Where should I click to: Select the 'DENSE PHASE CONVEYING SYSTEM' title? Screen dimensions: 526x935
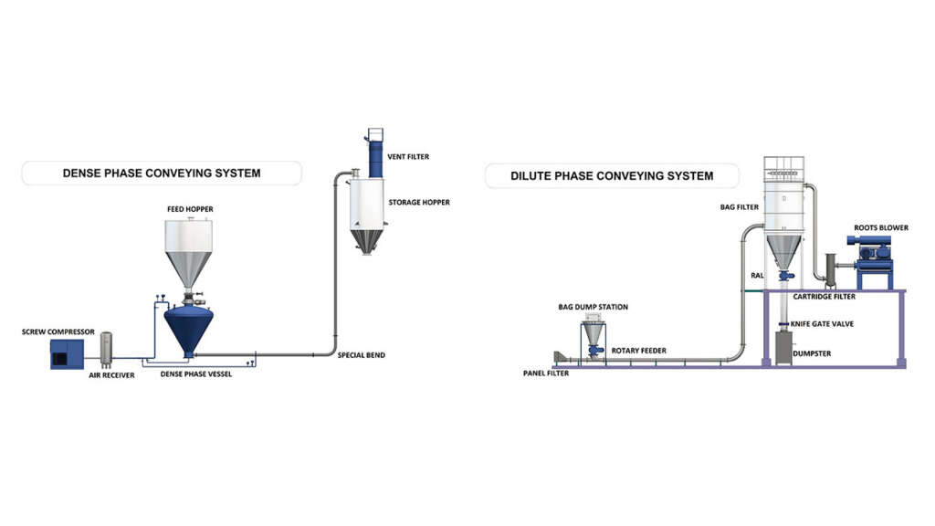(161, 173)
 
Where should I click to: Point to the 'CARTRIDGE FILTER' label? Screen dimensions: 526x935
(824, 297)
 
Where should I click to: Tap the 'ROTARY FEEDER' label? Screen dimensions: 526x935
(640, 351)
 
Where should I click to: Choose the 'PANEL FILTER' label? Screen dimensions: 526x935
(546, 373)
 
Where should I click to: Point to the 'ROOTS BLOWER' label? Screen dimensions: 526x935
(881, 227)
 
